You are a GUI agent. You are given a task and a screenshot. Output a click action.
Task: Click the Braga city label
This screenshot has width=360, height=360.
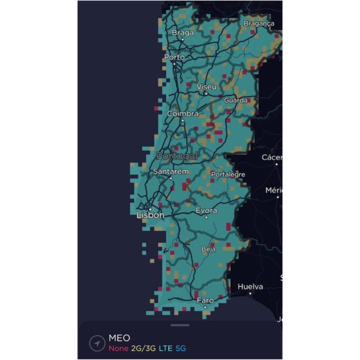click(182, 33)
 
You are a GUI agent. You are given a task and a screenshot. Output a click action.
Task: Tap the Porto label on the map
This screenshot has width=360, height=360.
click(174, 57)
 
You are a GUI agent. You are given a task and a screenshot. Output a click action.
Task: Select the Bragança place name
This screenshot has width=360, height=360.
click(259, 24)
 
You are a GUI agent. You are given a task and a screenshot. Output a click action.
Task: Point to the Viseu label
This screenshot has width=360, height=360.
click(206, 87)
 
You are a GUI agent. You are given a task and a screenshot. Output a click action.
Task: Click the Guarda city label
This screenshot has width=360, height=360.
click(236, 100)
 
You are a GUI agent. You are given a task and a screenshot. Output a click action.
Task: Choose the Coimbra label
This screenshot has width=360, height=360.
click(183, 114)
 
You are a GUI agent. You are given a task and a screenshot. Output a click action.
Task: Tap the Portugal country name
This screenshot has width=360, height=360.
click(177, 155)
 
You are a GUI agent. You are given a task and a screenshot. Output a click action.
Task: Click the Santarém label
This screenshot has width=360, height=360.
click(171, 171)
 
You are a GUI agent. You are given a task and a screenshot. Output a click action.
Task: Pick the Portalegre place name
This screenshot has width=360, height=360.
click(228, 174)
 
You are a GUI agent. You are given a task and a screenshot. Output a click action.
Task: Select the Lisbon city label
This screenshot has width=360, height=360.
click(150, 215)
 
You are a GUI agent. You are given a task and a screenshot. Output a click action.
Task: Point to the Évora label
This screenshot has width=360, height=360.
click(206, 210)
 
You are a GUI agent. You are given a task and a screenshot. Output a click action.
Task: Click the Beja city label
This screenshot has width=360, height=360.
click(209, 249)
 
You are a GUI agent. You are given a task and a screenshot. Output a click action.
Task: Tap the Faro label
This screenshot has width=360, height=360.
click(205, 300)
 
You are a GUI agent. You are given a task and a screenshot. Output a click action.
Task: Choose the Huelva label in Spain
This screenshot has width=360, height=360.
click(250, 286)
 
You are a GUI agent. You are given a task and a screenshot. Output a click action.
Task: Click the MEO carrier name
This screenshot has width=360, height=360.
click(119, 337)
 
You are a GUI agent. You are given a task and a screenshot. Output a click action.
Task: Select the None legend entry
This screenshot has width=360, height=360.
click(118, 348)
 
